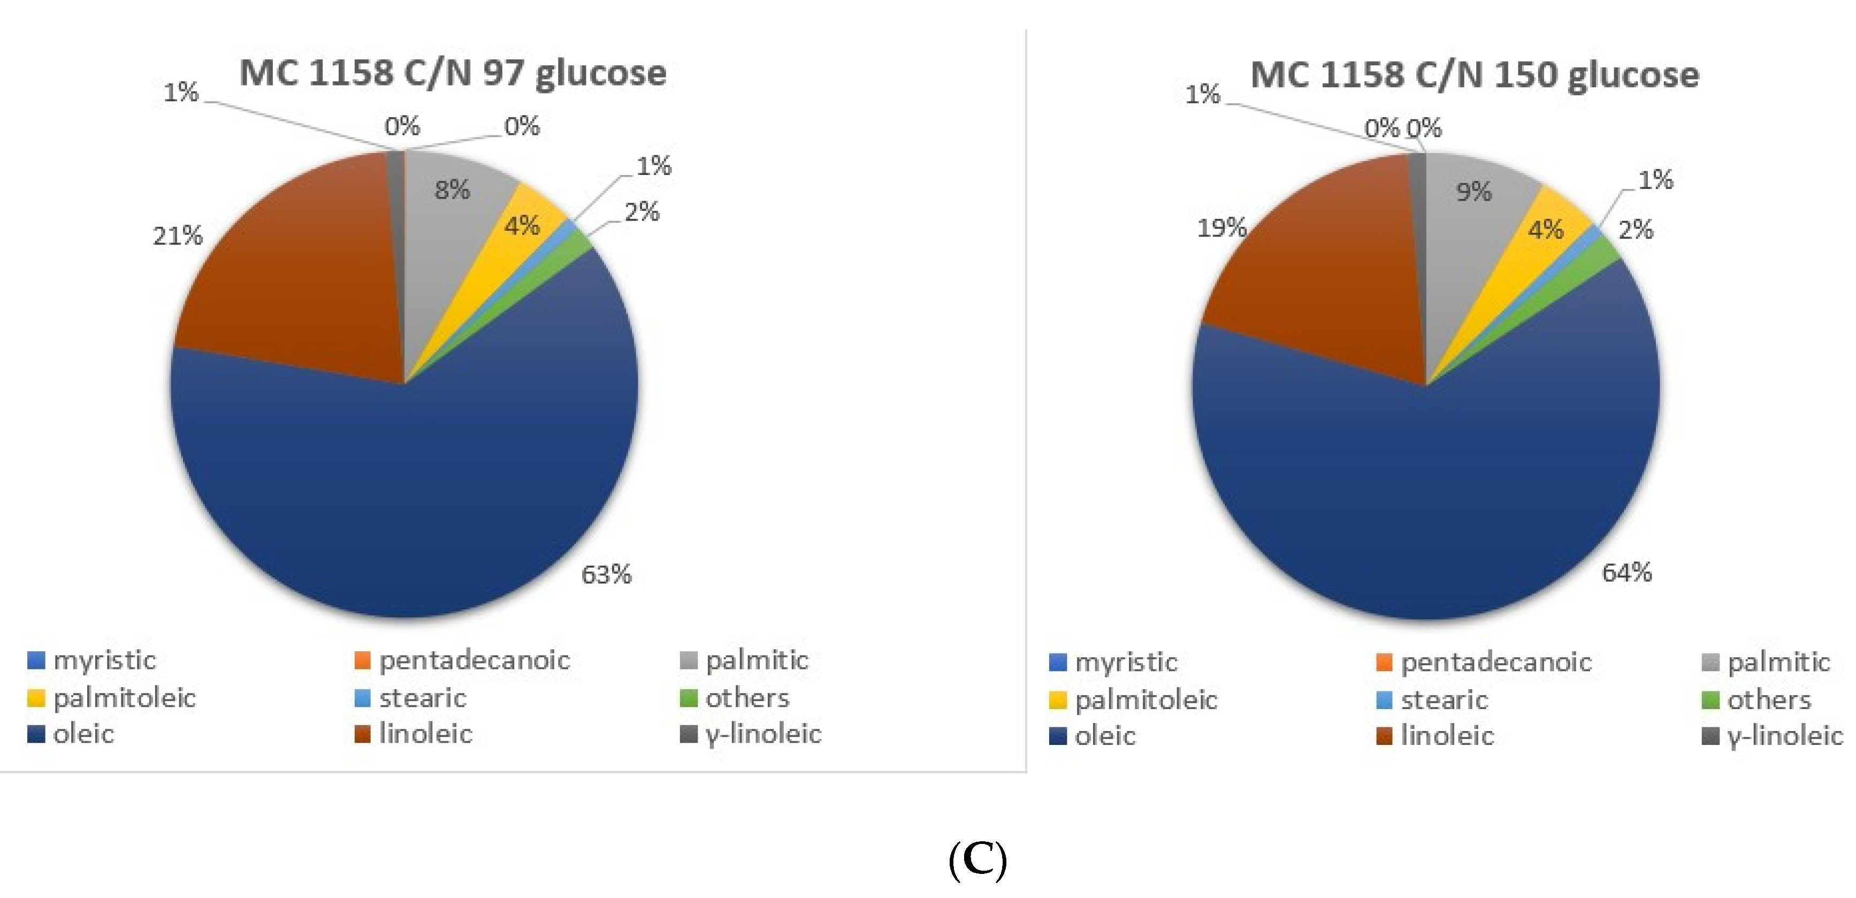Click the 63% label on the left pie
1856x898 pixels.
click(x=606, y=574)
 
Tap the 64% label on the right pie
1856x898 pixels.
click(x=1626, y=572)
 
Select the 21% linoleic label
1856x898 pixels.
click(x=177, y=235)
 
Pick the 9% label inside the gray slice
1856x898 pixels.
click(x=1473, y=192)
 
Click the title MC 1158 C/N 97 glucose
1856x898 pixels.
click(x=453, y=73)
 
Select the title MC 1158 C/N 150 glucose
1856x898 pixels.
click(x=1474, y=75)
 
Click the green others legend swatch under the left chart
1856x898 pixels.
click(x=688, y=698)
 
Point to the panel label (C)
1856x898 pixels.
click(x=977, y=859)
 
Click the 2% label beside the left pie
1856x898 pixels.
click(x=641, y=212)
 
